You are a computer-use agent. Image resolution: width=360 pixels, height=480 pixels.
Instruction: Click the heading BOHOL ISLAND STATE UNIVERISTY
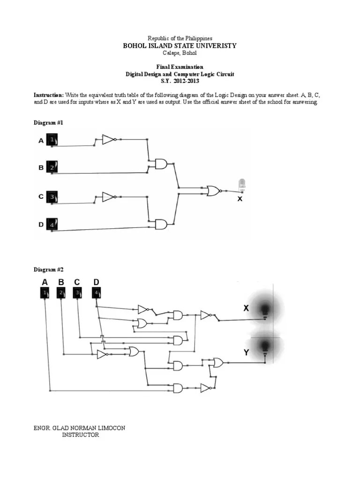pos(180,45)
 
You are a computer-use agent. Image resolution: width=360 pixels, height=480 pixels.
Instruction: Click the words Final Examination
pos(180,67)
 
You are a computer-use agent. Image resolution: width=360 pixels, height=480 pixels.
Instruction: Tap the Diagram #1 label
pos(48,122)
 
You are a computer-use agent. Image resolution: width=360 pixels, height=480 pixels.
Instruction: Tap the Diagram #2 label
pos(48,270)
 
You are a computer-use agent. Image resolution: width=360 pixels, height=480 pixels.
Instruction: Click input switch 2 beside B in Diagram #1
pos(52,167)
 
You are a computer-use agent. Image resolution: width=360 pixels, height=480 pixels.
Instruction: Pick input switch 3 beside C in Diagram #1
pos(52,197)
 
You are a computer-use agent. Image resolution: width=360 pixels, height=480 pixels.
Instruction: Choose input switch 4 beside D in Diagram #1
pos(52,225)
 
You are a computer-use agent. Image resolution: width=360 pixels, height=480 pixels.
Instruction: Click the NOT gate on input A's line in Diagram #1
pos(108,139)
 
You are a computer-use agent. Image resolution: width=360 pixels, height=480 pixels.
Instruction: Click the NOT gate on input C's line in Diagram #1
pos(108,197)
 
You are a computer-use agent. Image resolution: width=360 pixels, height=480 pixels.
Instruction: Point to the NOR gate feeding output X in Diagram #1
pos(213,191)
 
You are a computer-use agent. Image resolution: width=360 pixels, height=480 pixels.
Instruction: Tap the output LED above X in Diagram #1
pos(242,185)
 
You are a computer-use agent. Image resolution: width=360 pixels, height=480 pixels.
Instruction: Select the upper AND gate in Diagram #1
pos(161,164)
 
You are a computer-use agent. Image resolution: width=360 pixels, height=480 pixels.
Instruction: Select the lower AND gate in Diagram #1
pos(161,225)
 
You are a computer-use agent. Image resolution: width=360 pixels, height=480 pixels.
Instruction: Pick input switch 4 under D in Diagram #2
pos(96,294)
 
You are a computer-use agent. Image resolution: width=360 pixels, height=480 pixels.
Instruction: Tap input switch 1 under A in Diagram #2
pos(45,294)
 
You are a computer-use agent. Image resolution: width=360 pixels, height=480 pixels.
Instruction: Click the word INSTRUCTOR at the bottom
pos(81,435)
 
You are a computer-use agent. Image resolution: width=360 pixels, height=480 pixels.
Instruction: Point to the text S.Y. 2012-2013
pos(180,81)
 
